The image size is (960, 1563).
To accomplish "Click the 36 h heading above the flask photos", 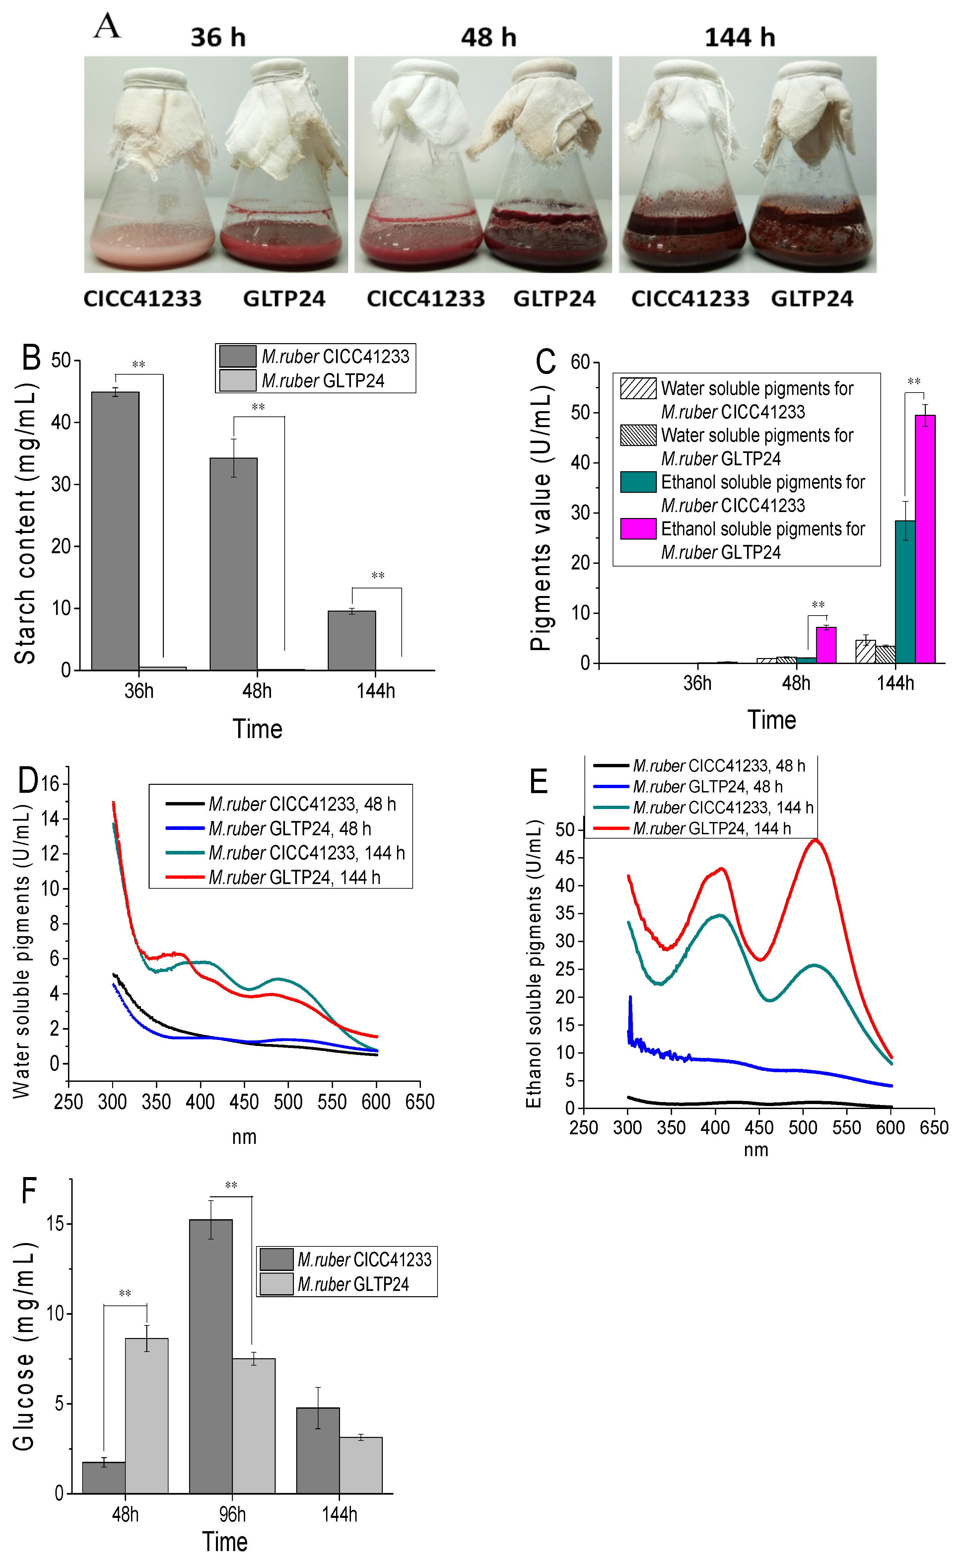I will pos(218,37).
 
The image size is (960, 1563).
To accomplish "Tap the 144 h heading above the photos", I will pos(740,37).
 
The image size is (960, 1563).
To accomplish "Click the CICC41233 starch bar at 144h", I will pos(352,640).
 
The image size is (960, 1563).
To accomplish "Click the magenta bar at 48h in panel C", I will pos(826,645).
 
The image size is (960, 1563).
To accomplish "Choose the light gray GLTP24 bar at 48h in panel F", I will pos(147,1415).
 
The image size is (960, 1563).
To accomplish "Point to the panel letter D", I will pos(28,780).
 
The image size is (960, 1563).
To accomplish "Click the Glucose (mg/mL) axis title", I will pos(24,1346).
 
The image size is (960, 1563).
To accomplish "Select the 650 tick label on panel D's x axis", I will pos(420,1101).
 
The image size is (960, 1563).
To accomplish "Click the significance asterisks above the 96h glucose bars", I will pos(231,1185).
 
